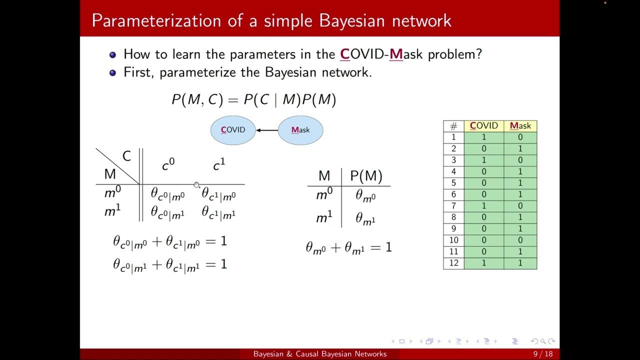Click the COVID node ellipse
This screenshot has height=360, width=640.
233,130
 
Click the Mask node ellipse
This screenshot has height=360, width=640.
300,130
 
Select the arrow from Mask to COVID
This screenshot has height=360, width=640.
267,130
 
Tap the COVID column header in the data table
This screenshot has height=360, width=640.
483,126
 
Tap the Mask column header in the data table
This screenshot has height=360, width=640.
520,126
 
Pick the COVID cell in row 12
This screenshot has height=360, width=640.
483,263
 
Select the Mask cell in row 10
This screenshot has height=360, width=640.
520,240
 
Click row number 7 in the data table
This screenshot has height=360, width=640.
453,206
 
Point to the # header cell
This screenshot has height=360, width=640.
453,126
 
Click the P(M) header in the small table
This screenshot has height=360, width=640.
366,176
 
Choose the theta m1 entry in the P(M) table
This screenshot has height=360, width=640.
365,218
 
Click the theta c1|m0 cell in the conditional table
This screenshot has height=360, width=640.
218,194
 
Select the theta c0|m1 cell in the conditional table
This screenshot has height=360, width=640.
167,212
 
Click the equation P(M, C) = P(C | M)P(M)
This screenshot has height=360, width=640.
253,100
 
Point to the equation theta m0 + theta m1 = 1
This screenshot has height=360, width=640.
348,247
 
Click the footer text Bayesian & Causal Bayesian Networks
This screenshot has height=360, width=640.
319,354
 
